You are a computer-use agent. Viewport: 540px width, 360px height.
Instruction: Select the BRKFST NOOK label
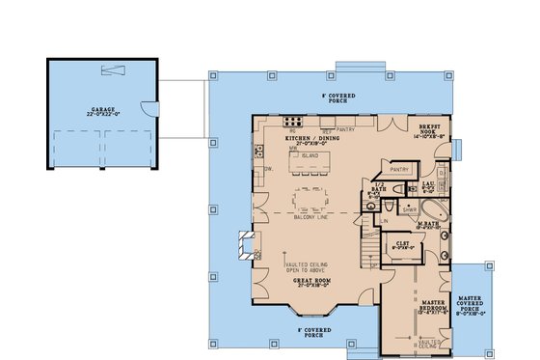pos(429,131)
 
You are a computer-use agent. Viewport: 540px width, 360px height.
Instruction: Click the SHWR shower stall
pos(409,208)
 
